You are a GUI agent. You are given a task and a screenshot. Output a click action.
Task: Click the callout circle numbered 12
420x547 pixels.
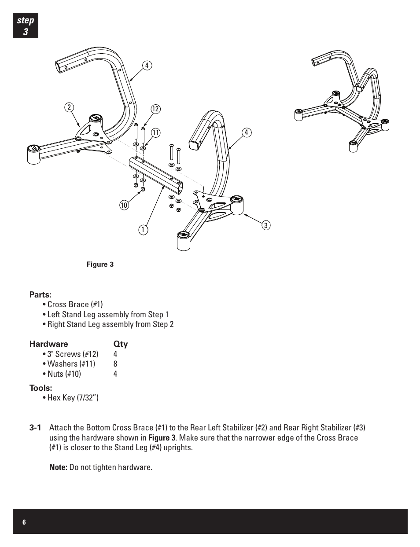pos(155,109)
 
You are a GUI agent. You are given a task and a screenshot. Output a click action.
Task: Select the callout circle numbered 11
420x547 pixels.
pos(155,132)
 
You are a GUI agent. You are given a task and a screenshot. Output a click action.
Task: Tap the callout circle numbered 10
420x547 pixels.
pos(124,204)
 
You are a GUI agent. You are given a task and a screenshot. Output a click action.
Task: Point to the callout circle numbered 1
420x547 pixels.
pos(143,229)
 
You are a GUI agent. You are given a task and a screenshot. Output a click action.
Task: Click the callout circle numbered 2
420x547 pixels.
pos(69,107)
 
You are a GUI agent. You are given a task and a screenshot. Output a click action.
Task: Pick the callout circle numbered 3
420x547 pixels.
pos(265,225)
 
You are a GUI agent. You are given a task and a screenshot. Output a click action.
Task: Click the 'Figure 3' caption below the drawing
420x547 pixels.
pos(100,264)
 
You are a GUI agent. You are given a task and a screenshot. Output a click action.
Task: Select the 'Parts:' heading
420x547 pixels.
pos(41,294)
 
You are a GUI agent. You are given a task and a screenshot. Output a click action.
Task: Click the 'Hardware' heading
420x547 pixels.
pos(49,344)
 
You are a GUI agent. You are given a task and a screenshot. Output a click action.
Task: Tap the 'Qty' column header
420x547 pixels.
pos(121,344)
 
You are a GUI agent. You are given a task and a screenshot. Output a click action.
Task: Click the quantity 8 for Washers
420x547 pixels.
pos(115,364)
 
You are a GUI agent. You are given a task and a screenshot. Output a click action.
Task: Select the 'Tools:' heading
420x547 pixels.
pos(41,388)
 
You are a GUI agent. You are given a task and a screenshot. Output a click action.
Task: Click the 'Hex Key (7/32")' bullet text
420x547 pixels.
pos(73,398)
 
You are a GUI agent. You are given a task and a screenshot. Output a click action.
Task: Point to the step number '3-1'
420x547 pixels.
pos(36,428)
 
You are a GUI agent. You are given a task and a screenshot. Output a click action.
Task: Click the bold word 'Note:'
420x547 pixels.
pos(58,467)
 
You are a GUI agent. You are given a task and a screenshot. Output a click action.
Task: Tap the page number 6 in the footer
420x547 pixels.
pos(24,522)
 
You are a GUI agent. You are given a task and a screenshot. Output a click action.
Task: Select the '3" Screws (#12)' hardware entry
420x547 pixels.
pos(73,354)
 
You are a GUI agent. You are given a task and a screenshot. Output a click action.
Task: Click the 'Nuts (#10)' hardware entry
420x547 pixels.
pos(64,374)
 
